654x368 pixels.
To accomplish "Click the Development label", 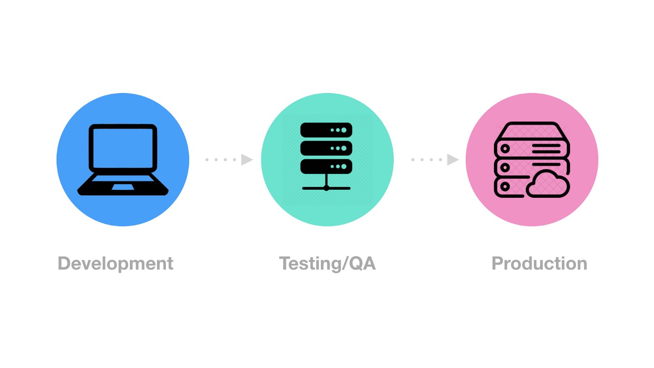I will tap(115, 264).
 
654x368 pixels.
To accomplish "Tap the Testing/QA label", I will tap(327, 264).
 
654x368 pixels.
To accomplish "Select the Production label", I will tap(539, 264).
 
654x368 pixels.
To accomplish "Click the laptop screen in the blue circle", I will tap(123, 148).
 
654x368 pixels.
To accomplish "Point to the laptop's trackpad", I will tap(122, 187).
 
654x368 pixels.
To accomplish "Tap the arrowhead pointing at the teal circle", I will tap(247, 160).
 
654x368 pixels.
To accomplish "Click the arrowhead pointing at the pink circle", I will tap(453, 160).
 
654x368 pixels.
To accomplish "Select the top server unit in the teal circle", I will tap(326, 130).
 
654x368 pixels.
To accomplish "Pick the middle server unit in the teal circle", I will tap(326, 148).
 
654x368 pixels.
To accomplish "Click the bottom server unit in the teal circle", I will tap(326, 166).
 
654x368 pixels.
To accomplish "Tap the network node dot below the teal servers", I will tap(326, 188).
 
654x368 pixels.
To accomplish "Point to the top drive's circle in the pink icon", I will tap(505, 149).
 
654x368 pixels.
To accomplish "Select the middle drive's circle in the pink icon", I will tap(505, 167).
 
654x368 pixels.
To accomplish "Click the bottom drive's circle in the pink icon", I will tap(505, 186).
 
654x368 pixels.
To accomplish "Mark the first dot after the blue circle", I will tap(207, 160).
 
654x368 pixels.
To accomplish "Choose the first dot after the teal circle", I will tap(413, 160).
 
